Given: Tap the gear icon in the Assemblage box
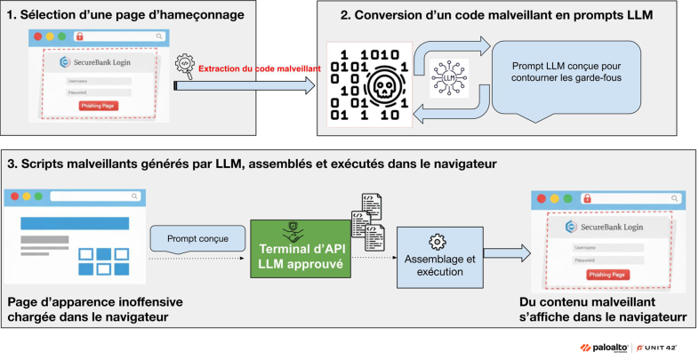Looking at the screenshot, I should pyautogui.click(x=437, y=241).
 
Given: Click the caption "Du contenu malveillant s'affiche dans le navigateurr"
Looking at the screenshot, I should pyautogui.click(x=607, y=310).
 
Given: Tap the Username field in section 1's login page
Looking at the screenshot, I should pyautogui.click(x=99, y=81).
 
